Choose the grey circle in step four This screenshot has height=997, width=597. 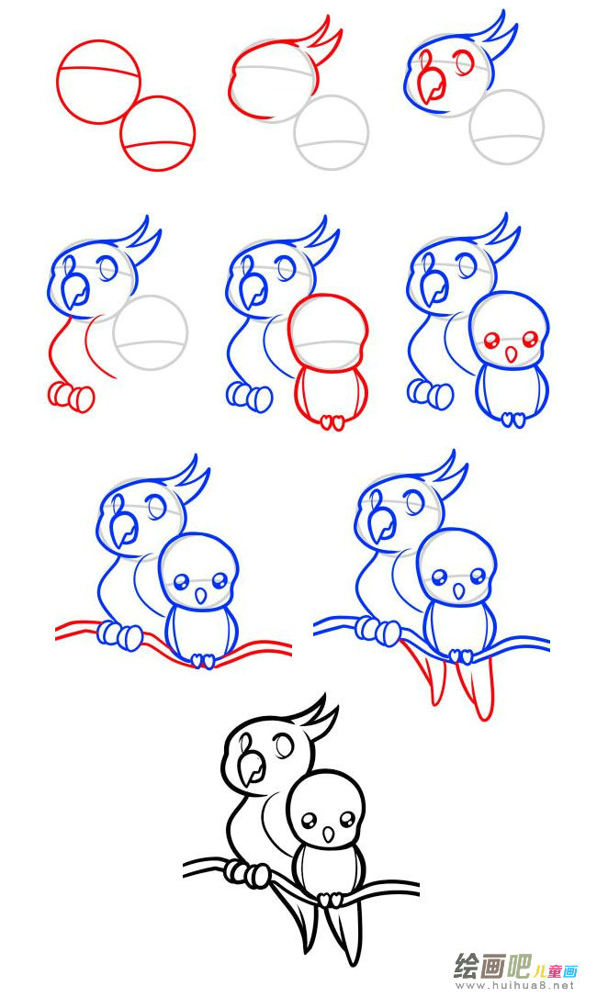click(151, 332)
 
